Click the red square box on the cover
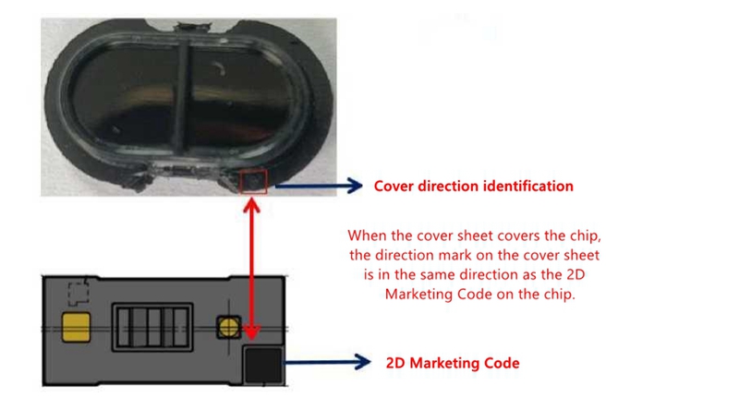[x=253, y=182]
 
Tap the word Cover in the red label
[x=393, y=187]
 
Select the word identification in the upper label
[x=528, y=187]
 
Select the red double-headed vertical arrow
[x=253, y=268]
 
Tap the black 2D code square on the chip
[x=262, y=365]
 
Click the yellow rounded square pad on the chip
[x=77, y=327]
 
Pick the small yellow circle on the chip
[x=227, y=327]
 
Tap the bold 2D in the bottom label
[x=395, y=363]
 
